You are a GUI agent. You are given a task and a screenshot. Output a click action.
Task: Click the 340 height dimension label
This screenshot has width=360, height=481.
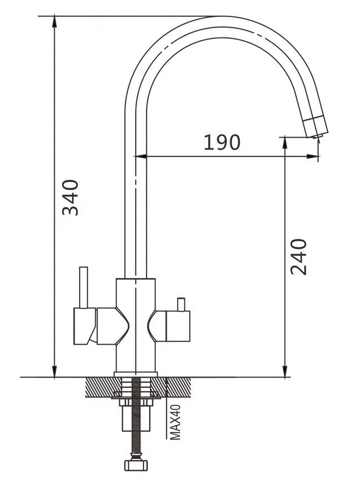tap(71, 198)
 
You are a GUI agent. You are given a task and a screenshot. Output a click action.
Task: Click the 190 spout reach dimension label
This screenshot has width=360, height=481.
tap(222, 142)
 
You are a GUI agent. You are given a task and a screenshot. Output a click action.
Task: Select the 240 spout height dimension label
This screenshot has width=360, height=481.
tap(298, 257)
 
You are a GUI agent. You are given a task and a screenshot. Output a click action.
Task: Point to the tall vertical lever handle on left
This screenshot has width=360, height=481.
tap(84, 287)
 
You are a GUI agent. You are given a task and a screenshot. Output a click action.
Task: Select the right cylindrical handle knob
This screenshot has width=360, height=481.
tap(178, 326)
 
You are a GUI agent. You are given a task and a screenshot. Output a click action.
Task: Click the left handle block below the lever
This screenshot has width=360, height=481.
tap(84, 326)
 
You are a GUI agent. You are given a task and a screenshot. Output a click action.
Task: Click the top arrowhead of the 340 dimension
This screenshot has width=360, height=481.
tap(54, 21)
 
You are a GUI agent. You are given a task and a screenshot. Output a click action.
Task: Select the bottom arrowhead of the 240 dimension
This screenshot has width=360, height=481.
tap(286, 371)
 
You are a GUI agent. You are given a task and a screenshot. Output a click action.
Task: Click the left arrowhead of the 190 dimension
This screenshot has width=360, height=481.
tap(141, 157)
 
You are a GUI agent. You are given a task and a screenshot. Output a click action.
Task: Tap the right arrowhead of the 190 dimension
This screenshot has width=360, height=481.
tap(313, 157)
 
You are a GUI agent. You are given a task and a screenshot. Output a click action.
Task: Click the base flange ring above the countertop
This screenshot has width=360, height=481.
tap(135, 374)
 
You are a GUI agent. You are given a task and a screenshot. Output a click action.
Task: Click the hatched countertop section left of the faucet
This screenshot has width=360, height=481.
tap(100, 387)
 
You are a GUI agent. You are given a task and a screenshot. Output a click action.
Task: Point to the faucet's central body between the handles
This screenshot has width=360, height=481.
tap(135, 325)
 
